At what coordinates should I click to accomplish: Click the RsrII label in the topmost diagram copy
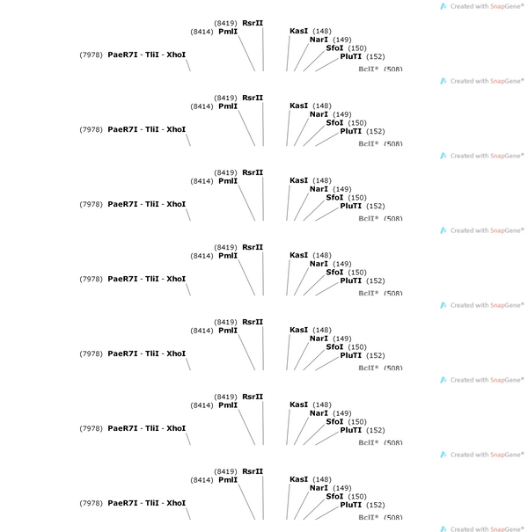[253, 23]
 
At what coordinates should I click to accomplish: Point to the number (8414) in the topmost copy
[202, 32]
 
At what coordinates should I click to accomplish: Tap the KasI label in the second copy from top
[299, 106]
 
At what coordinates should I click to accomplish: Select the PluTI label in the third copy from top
[351, 206]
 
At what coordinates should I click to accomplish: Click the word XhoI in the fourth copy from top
[176, 279]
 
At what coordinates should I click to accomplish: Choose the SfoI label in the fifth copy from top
[334, 347]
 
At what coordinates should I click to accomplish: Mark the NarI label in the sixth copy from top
[319, 413]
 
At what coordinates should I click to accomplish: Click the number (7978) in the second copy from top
[91, 129]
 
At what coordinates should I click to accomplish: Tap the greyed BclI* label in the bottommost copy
[369, 517]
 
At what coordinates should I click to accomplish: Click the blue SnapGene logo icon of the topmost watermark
[444, 6]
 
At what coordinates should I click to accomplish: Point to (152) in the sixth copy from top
[376, 430]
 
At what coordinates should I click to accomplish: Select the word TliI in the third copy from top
[151, 204]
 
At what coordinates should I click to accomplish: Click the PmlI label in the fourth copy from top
[228, 256]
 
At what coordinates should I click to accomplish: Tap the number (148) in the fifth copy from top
[322, 330]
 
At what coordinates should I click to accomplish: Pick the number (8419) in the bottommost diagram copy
[225, 471]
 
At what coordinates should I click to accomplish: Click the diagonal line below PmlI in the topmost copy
[246, 54]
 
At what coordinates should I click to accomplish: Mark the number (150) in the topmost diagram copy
[357, 48]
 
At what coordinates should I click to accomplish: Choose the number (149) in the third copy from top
[342, 189]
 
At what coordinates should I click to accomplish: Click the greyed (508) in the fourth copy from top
[393, 293]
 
